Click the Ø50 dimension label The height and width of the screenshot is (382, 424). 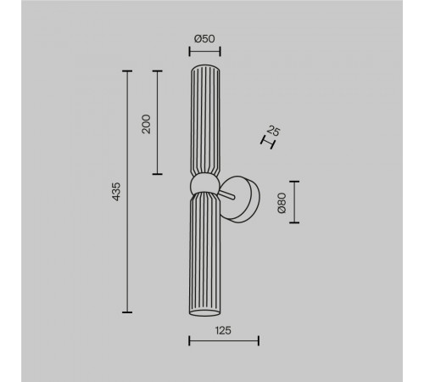(x=204, y=39)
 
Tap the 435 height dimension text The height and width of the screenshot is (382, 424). (x=116, y=192)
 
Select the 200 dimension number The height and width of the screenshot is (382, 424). (x=146, y=124)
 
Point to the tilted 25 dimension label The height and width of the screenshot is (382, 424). (x=273, y=131)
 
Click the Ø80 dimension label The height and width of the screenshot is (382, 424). (x=282, y=203)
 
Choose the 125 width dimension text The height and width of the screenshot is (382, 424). (x=223, y=330)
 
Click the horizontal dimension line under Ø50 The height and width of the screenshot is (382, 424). (x=204, y=52)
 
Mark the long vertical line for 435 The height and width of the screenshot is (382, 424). (x=127, y=192)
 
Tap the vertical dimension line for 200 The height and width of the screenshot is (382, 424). (x=158, y=122)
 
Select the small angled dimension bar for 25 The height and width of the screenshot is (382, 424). (x=268, y=143)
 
